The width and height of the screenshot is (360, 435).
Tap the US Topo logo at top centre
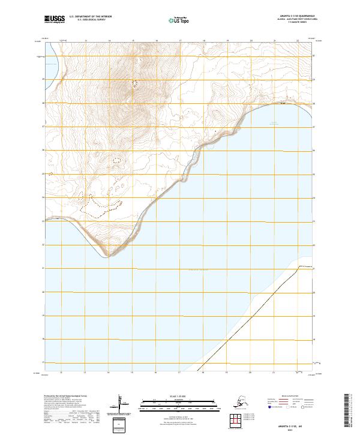point(177,20)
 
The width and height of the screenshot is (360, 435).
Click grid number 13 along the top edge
point(86,41)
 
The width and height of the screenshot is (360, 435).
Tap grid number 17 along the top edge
point(180,41)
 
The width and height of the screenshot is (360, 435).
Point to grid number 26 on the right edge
point(316,150)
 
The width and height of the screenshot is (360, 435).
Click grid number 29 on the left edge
point(42,79)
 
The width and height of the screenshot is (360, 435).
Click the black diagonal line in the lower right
point(252,317)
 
